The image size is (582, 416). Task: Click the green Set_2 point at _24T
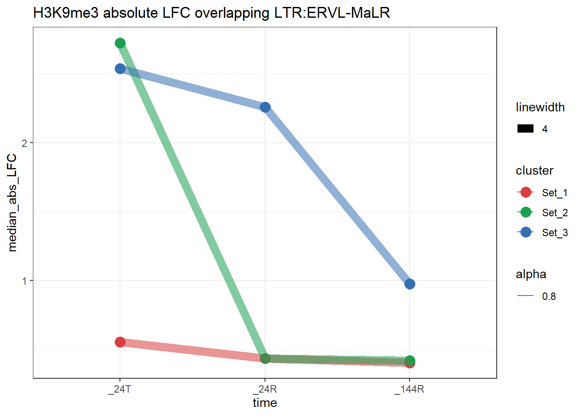(120, 43)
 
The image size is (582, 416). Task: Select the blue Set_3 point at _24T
(120, 68)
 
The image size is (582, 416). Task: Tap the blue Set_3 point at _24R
(265, 107)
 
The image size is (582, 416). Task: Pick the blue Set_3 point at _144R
(410, 284)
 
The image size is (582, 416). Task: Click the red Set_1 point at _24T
(120, 342)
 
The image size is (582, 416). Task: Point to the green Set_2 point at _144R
(410, 361)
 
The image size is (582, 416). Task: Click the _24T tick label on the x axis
(120, 389)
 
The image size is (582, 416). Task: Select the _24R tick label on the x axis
(265, 389)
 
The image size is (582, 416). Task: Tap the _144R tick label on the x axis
(409, 389)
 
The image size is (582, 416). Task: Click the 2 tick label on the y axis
(24, 143)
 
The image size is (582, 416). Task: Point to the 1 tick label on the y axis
(24, 281)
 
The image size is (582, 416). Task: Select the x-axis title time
(265, 403)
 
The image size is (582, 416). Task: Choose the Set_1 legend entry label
(554, 193)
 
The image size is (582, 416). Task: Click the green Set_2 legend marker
(526, 212)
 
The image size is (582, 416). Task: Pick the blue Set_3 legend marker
(526, 232)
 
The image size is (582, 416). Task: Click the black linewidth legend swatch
(525, 129)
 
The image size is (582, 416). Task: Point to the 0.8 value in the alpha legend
(549, 296)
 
